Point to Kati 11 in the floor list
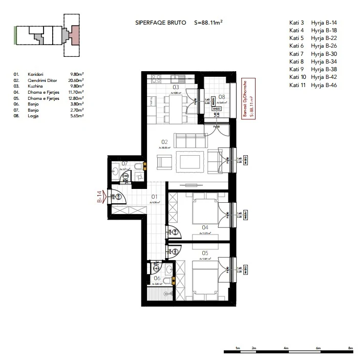[x=297, y=84]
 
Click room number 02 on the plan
[x=164, y=142]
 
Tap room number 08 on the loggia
[x=222, y=96]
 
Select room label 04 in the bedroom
[x=205, y=227]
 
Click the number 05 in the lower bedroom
[x=205, y=252]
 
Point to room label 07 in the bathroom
[x=124, y=164]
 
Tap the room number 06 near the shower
[x=157, y=279]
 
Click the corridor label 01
[x=153, y=196]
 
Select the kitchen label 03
[x=175, y=88]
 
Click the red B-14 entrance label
[x=100, y=197]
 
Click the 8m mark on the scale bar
[x=350, y=348]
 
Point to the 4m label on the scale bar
[x=287, y=348]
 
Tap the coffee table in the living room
[x=190, y=160]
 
